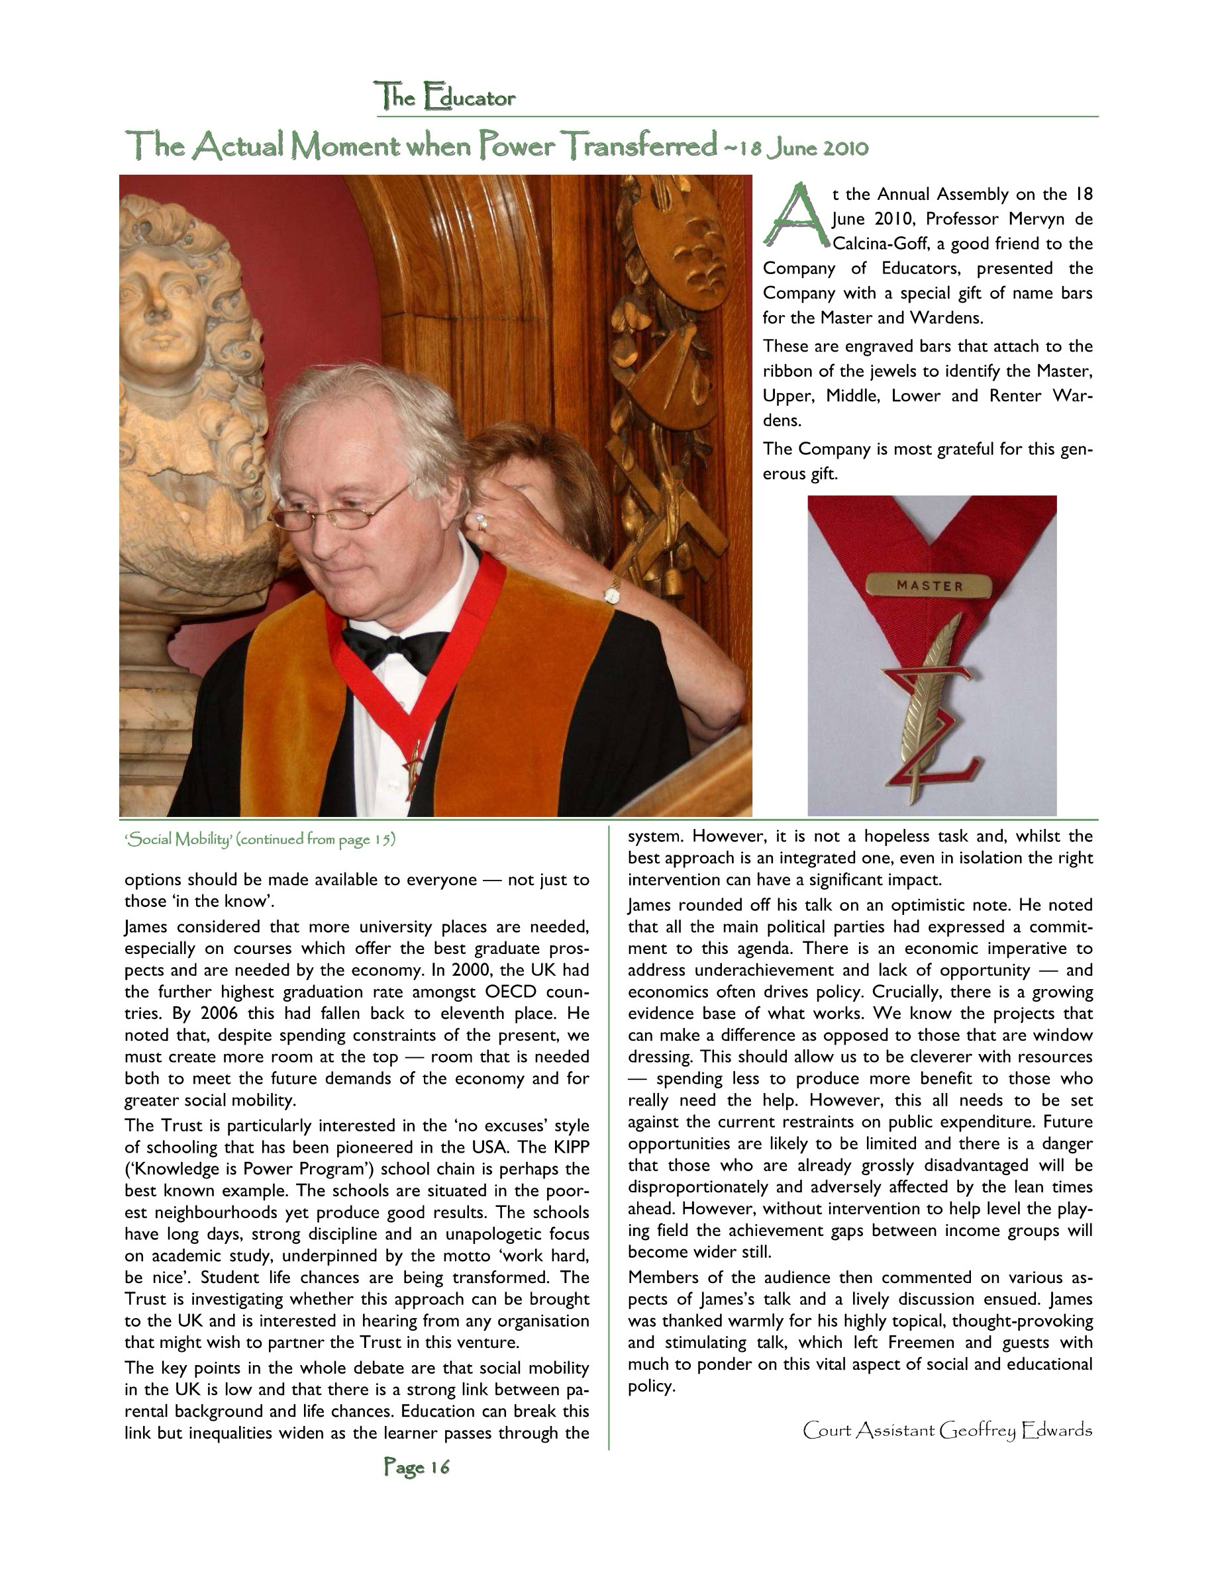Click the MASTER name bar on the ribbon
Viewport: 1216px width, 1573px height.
929,585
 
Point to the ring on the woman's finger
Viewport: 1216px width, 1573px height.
482,521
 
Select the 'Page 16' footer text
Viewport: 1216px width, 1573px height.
417,1466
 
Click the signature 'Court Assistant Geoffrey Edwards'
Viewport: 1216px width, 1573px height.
946,1430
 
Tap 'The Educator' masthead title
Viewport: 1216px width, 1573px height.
444,97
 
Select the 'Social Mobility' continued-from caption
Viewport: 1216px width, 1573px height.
260,839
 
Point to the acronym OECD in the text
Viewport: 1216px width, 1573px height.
514,992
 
